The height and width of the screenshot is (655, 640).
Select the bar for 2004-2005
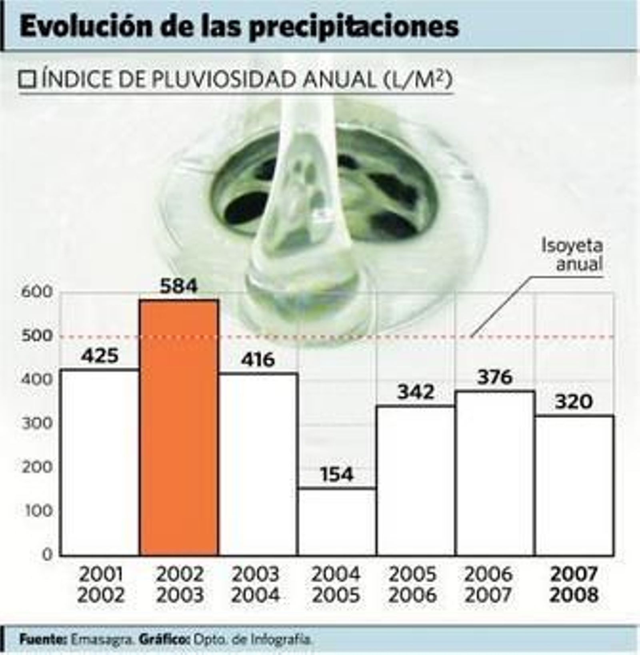point(337,521)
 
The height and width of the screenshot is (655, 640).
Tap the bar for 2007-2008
point(574,485)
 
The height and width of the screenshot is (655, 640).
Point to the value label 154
point(337,475)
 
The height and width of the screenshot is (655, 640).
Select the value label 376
point(495,377)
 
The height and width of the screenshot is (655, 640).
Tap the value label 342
point(416,392)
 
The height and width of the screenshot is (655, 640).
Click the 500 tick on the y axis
point(37,336)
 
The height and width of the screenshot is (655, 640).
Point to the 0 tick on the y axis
point(48,555)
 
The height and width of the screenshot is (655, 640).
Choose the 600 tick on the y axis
point(37,292)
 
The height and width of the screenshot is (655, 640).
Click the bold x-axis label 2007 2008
point(574,585)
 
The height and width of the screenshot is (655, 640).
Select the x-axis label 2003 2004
point(256,585)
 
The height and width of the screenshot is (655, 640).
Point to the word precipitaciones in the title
point(354,27)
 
